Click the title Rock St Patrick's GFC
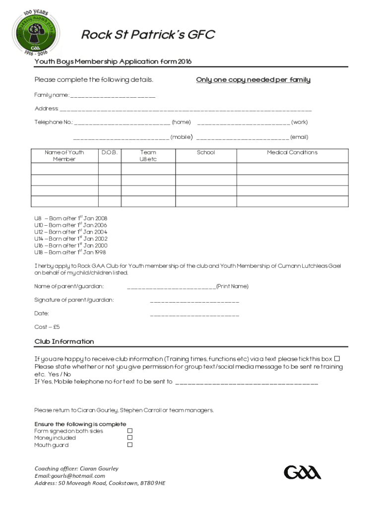[x=148, y=35]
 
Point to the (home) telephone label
[x=181, y=122]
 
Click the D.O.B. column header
[x=109, y=153]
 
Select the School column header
[x=206, y=153]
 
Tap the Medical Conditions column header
[x=292, y=153]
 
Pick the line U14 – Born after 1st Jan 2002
[x=70, y=239]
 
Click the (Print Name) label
[x=232, y=286]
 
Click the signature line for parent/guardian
[x=194, y=301]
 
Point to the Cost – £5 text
[x=47, y=327]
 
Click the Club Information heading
[x=64, y=341]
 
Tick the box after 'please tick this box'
[x=337, y=359]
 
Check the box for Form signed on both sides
[x=130, y=431]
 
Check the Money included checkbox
[x=130, y=438]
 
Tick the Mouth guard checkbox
[x=130, y=444]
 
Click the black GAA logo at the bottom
[x=302, y=472]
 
